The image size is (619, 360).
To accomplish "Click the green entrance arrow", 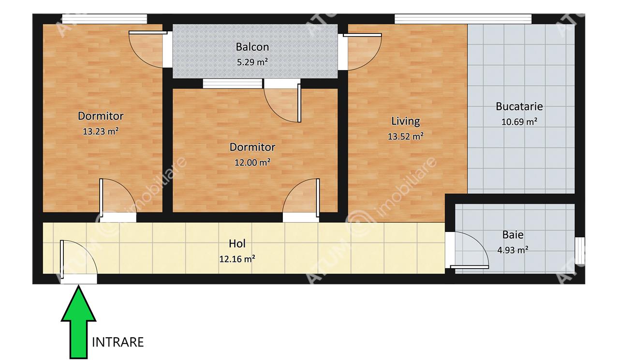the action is pos(78,323).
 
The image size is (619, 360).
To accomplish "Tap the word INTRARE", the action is pos(118,342).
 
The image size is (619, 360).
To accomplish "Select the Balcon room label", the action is pos(252,47).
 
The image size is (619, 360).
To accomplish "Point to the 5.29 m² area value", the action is pos(252,62).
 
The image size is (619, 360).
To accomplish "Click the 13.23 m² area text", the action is pos(101,131).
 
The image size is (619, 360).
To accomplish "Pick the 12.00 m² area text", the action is pos(252,162).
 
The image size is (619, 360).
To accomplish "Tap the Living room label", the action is pos(405,121).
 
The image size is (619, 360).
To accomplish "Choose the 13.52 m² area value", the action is pos(405,136).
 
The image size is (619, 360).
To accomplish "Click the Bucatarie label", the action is pos(519,106).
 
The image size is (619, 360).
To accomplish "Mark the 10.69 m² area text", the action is pos(519,122).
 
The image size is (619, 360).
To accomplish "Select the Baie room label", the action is pos(513,235).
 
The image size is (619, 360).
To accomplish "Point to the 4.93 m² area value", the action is pos(513,250).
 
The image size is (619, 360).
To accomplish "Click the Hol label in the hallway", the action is pos(237,244).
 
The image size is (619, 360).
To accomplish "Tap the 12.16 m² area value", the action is pos(237,259).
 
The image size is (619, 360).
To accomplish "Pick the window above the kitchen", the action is pos(463,19).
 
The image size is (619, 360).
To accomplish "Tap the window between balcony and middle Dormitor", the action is pos(233,84).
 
